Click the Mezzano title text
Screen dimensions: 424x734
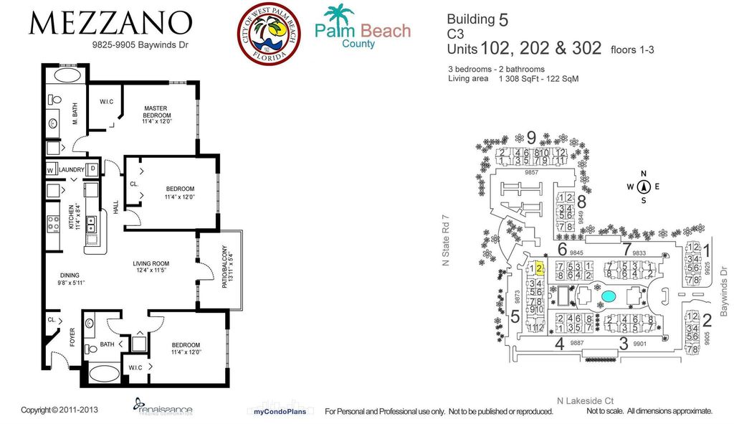tap(110, 24)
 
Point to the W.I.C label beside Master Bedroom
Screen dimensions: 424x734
tap(108, 101)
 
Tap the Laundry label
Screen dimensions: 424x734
tap(71, 170)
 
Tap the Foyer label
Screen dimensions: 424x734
tap(72, 336)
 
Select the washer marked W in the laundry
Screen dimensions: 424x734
tap(51, 170)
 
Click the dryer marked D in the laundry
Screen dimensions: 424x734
tap(93, 169)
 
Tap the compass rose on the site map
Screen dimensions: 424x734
tap(644, 187)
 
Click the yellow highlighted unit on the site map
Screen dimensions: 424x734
tap(539, 268)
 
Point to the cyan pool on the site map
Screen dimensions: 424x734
tap(608, 296)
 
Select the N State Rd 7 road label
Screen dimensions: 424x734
tap(444, 240)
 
